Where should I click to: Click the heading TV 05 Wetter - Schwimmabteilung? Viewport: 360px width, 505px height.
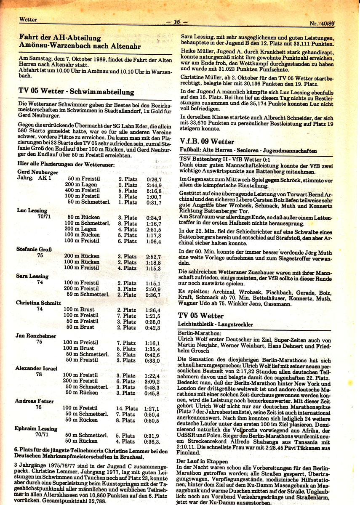click(x=77, y=91)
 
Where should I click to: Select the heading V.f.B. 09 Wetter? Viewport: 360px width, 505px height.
click(x=207, y=141)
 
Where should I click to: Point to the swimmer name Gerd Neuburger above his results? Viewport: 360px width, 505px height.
click(x=38, y=172)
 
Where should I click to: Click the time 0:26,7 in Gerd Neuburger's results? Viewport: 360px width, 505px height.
click(x=154, y=179)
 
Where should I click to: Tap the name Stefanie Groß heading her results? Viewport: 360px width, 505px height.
click(x=34, y=249)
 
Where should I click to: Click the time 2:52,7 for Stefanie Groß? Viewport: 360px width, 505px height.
click(x=153, y=256)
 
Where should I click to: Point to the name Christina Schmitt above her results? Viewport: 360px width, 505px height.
click(x=39, y=303)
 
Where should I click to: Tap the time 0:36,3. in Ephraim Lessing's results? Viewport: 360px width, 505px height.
click(x=152, y=441)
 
